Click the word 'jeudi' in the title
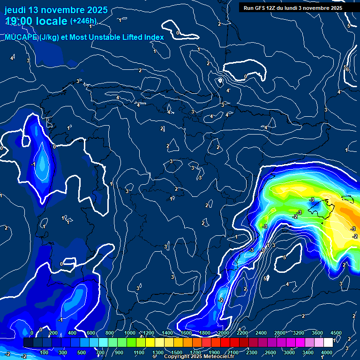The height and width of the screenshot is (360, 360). pos(15,10)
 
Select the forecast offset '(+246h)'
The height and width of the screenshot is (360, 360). pos(83,21)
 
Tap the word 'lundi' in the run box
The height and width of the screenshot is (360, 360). pos(307,8)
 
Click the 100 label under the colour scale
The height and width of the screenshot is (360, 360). pos(45,352)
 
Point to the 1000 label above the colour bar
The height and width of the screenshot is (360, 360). pos(130,333)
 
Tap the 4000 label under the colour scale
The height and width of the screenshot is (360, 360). pos(327,352)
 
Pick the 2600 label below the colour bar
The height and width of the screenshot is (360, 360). pos(270,352)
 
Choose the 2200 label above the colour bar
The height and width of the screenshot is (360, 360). pos(242,333)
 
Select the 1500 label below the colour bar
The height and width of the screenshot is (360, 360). pos(177,352)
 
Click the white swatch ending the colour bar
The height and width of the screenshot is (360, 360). pos(328,343)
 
